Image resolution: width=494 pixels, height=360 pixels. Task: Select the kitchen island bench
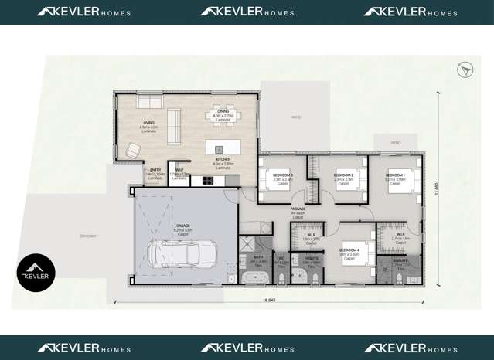(222, 148)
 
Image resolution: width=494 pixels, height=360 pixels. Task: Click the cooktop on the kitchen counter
(207, 181)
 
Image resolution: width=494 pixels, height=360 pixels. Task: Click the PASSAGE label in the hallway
(298, 209)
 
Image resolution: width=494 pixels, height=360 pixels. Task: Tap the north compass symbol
(465, 71)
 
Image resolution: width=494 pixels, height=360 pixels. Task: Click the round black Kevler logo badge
(36, 273)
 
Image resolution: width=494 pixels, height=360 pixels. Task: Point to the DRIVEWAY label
(88, 236)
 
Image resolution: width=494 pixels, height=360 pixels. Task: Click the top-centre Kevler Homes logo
(247, 12)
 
